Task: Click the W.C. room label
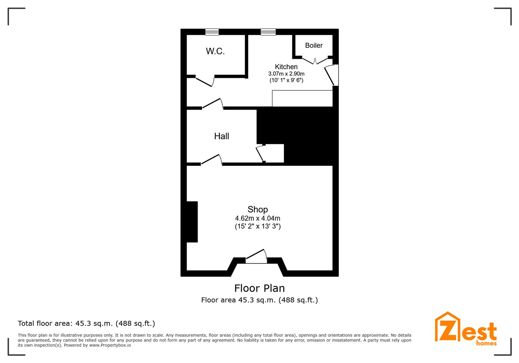215,51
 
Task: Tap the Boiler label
314,45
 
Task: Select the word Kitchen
286,67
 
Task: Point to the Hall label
222,136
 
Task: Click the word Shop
257,210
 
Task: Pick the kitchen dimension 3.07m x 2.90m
286,74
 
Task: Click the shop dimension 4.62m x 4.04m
257,218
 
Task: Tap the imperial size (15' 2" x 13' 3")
257,226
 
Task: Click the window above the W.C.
212,32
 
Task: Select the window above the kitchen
268,32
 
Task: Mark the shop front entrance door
256,256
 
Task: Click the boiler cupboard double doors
315,61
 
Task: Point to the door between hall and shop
211,159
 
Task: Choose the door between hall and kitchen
212,103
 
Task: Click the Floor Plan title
259,288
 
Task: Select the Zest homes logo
466,329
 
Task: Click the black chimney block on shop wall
192,222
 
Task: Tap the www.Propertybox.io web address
110,345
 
